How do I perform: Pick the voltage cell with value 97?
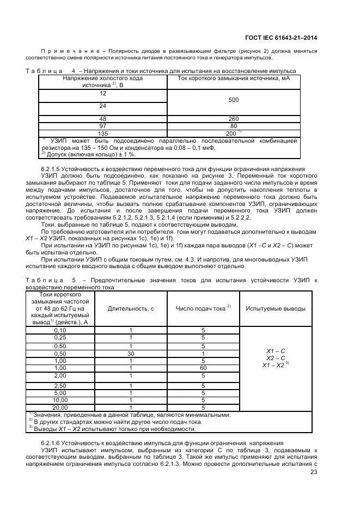(x=102, y=125)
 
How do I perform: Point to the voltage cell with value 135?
(x=102, y=132)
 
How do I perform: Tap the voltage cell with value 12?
(x=102, y=94)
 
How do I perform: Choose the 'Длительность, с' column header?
(x=130, y=308)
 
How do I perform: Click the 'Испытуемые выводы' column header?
(x=276, y=308)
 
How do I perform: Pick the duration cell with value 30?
(x=130, y=353)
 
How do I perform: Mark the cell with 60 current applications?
(x=203, y=368)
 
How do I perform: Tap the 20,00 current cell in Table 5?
(x=60, y=407)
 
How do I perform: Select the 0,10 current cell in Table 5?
(x=60, y=330)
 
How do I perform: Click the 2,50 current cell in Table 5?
(x=60, y=386)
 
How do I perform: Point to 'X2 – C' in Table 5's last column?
(x=275, y=358)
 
